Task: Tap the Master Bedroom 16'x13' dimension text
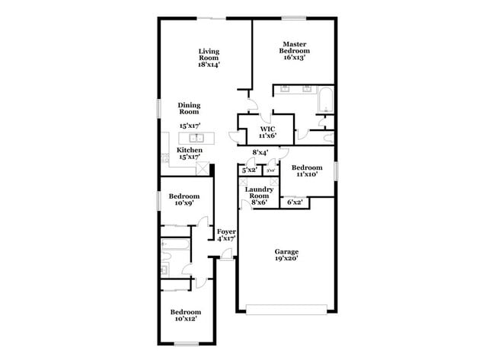tap(295, 57)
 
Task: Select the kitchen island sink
tap(196, 138)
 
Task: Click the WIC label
tap(267, 129)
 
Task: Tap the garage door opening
tap(286, 309)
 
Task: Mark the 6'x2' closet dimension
tap(293, 202)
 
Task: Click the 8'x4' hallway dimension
tap(260, 153)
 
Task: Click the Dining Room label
tap(189, 108)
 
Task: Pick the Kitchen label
tap(190, 151)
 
